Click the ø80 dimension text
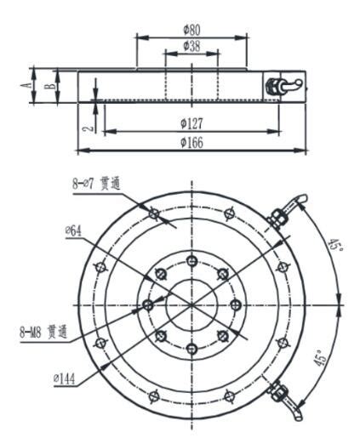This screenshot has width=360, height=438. coord(191,31)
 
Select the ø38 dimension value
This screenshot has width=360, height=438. coord(191,47)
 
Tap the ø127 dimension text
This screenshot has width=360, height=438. coord(191,123)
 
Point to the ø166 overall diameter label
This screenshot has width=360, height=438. coord(191,142)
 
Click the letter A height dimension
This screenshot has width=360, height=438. coord(28,85)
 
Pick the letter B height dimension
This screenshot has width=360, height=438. coord(51,86)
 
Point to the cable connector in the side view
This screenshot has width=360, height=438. coord(282,85)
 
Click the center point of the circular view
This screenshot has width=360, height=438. coord(192,304)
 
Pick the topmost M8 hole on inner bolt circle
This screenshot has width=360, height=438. coord(192,259)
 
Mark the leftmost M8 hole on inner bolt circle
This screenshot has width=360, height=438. coord(148,304)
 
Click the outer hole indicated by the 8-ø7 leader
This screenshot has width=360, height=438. coord(153,213)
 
